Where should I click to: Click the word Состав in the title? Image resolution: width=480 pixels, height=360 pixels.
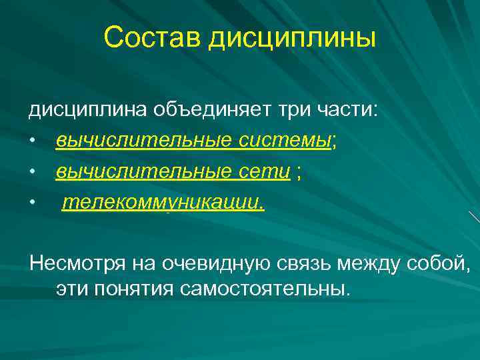(153, 38)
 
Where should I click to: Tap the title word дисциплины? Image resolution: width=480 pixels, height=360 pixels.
(293, 39)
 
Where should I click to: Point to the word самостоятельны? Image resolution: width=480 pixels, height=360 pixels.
(260, 289)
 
